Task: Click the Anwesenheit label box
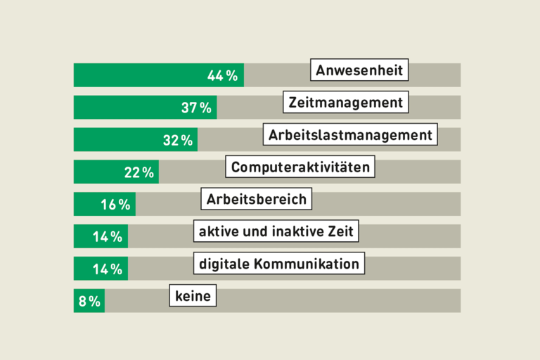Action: pos(359,71)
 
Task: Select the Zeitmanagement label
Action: pos(347,103)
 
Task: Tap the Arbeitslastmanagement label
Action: pos(351,134)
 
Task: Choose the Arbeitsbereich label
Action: pos(256,199)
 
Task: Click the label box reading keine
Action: pos(193,296)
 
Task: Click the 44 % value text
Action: pos(223,76)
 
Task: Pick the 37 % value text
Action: pos(196,108)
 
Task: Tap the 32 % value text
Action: pos(178,141)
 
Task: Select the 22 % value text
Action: pos(139,173)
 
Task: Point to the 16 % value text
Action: pos(115,205)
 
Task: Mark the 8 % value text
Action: pos(89,302)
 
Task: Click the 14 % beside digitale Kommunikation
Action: pos(108,269)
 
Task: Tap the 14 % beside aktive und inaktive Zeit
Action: pos(108,237)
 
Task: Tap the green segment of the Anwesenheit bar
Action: pos(141,75)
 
